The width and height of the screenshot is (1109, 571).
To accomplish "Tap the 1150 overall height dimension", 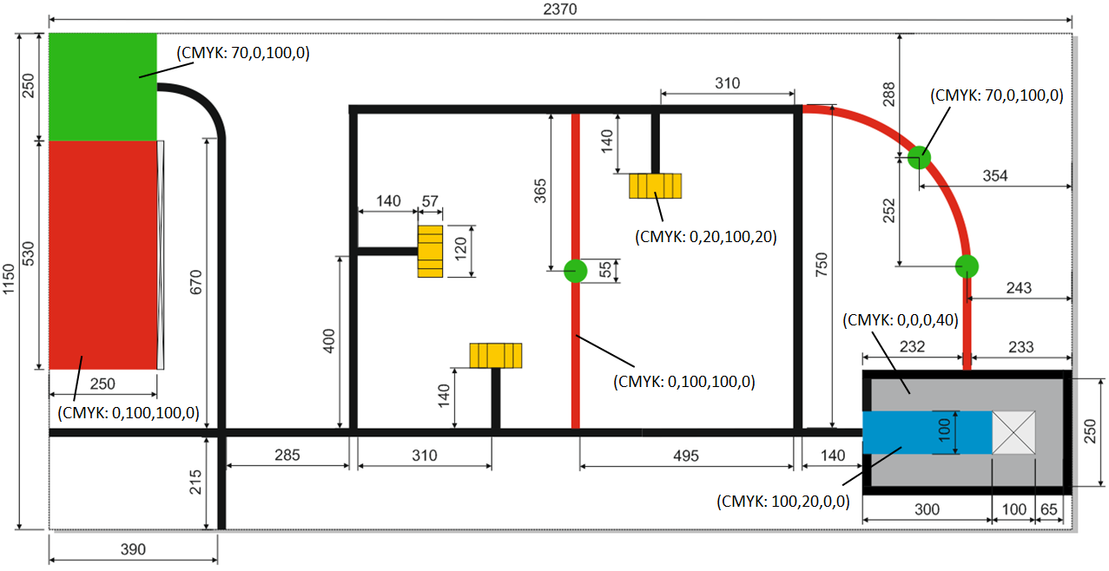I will [10, 281].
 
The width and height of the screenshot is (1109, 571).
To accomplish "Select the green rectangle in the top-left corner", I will [102, 87].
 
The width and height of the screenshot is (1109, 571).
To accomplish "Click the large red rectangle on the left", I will [102, 254].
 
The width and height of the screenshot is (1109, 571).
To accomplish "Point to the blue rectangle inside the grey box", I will [927, 432].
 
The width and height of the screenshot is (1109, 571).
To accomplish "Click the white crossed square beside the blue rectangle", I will [1013, 432].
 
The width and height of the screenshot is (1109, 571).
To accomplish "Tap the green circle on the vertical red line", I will [575, 271].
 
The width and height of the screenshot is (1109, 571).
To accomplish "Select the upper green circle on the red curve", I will [919, 157].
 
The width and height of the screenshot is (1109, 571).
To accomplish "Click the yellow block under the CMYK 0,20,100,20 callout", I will [656, 186].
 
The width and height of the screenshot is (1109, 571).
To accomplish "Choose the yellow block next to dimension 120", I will [430, 252].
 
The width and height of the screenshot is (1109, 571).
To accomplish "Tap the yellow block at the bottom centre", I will [496, 356].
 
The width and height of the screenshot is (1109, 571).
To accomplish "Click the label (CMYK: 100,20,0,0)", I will [782, 501].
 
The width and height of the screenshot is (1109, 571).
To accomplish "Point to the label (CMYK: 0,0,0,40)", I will [900, 319].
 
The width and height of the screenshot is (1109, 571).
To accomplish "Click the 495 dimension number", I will [685, 455].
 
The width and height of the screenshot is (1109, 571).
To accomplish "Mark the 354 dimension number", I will [995, 176].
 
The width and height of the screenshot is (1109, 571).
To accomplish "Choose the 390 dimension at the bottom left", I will [132, 548].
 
